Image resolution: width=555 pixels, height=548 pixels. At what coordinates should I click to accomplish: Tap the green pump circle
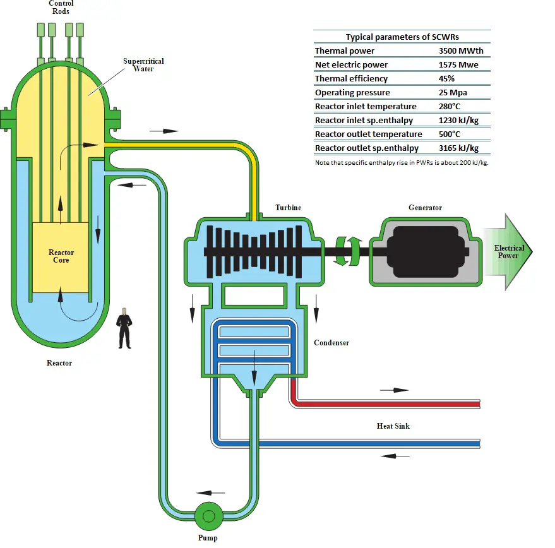point(208,516)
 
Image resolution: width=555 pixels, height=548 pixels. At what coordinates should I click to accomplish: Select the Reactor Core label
point(61,256)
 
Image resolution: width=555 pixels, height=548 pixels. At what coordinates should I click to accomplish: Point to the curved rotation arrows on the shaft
point(347,251)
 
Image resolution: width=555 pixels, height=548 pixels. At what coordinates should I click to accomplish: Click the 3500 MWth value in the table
point(461,51)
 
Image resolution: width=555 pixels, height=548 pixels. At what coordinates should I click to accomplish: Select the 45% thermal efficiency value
point(448,79)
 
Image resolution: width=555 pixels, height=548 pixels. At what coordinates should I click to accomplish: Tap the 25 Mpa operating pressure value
point(453,93)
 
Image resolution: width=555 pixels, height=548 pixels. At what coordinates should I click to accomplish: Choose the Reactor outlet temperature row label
point(368,134)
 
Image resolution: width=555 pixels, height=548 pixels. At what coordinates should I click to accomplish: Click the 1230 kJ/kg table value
point(458,121)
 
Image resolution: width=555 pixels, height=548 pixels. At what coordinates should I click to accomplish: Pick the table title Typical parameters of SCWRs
point(402,37)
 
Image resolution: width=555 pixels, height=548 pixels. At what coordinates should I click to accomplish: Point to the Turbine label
point(288,208)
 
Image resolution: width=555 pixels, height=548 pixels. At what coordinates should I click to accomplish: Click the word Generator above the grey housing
point(425,208)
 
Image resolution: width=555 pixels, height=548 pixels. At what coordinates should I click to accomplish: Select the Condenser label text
point(331,343)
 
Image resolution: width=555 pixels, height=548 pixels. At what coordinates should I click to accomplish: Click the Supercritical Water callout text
point(143,65)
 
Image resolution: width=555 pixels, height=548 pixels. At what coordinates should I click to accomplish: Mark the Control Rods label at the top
point(61,7)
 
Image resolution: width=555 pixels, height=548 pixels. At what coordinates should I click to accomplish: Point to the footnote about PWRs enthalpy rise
point(402,163)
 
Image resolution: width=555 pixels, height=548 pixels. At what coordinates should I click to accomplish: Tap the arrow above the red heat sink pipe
point(394,390)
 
